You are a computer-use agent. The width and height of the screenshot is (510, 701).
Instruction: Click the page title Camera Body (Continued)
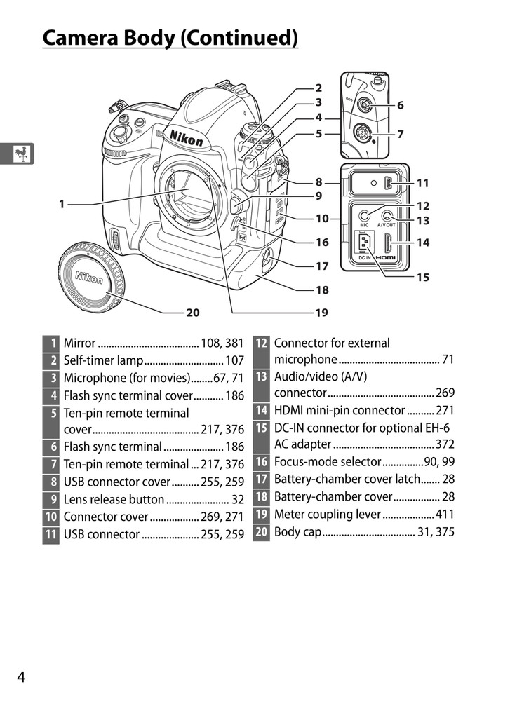click(170, 37)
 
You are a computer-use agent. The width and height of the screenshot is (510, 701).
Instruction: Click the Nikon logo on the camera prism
click(184, 137)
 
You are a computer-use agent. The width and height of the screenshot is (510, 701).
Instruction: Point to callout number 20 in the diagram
click(193, 313)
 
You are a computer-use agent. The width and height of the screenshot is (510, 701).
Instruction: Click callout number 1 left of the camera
click(62, 204)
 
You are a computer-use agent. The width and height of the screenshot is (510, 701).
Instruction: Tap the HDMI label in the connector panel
click(386, 258)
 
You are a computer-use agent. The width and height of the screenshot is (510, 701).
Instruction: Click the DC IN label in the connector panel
click(364, 258)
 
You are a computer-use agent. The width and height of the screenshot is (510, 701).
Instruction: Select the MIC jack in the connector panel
click(364, 217)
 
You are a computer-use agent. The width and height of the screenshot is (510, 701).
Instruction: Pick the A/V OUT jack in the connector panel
click(387, 217)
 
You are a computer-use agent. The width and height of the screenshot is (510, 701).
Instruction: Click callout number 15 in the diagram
click(422, 277)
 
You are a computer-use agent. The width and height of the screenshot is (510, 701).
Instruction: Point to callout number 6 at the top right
click(400, 105)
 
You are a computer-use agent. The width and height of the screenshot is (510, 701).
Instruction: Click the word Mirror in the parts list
click(79, 343)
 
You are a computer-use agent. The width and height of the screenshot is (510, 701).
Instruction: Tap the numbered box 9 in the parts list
click(51, 500)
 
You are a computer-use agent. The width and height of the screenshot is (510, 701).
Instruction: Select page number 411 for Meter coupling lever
click(444, 514)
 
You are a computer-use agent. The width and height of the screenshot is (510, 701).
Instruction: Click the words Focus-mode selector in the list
click(327, 462)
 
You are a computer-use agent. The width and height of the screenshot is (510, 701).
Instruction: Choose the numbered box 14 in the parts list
click(261, 411)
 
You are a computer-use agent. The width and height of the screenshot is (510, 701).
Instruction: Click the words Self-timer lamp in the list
click(103, 361)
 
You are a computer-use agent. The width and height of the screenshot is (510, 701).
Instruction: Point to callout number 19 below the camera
click(321, 313)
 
